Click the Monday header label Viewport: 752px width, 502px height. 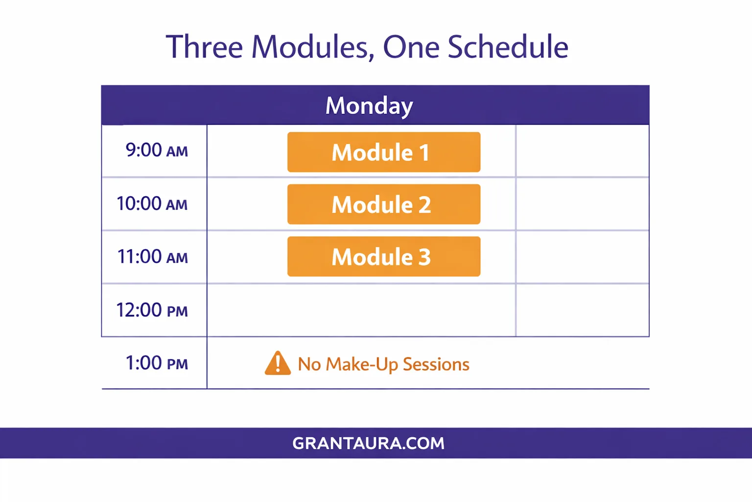tap(369, 105)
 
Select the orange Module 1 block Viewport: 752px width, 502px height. tap(384, 152)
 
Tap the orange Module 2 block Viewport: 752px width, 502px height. tap(384, 204)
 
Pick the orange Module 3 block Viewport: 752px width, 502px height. tap(384, 256)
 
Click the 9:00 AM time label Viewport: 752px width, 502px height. tap(157, 150)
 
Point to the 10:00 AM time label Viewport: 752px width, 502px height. tap(152, 203)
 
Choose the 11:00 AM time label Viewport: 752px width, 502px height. tap(152, 256)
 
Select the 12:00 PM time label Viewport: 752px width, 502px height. tap(152, 310)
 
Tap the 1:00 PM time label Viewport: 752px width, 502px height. tap(157, 363)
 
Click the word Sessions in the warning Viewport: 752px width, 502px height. tap(436, 364)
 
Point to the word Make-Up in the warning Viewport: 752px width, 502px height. tap(362, 364)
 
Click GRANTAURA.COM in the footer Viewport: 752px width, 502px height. tap(368, 443)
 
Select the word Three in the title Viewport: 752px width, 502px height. tap(204, 47)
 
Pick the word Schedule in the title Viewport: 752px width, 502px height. tap(508, 47)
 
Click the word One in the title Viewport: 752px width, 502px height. tap(411, 47)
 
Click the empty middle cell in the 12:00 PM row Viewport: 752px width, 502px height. tap(361, 310)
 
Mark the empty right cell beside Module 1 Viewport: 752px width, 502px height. tap(583, 151)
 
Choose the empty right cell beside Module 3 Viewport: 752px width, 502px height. tap(583, 257)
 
